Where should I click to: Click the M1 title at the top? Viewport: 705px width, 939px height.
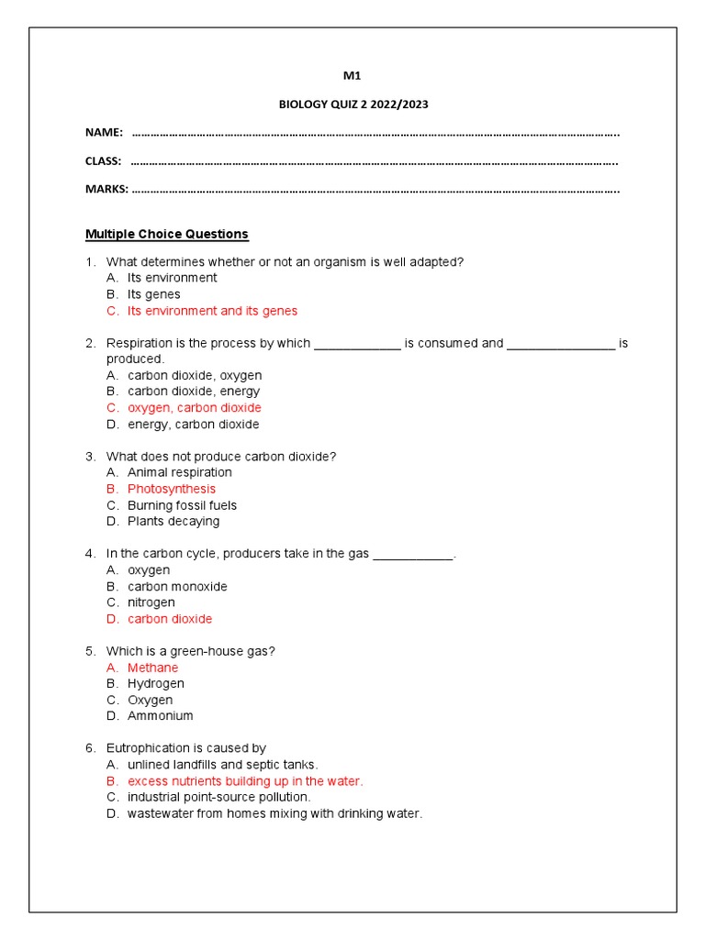352,76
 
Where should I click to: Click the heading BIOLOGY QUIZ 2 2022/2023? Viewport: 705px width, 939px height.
353,105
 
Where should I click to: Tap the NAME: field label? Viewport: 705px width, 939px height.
104,133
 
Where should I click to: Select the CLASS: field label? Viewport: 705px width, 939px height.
103,161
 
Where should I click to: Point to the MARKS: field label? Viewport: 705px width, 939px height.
106,190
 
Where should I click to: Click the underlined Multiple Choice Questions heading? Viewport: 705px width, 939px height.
166,235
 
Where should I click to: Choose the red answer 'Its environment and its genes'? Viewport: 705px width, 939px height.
212,311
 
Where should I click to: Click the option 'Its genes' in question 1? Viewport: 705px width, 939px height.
153,294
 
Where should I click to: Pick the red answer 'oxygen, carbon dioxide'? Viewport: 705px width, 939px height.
194,408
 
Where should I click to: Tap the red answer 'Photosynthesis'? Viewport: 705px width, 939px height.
172,489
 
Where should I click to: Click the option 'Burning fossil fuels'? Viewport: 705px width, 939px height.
182,505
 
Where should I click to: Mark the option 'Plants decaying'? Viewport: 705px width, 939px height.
173,522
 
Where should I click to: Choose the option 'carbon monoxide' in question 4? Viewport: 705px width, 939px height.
177,587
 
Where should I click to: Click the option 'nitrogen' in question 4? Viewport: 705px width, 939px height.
151,602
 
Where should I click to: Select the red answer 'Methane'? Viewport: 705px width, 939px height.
152,668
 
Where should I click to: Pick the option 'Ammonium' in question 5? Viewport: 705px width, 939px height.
160,716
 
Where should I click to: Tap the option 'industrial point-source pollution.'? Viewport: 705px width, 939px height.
218,797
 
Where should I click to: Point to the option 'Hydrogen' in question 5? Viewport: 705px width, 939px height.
155,684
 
